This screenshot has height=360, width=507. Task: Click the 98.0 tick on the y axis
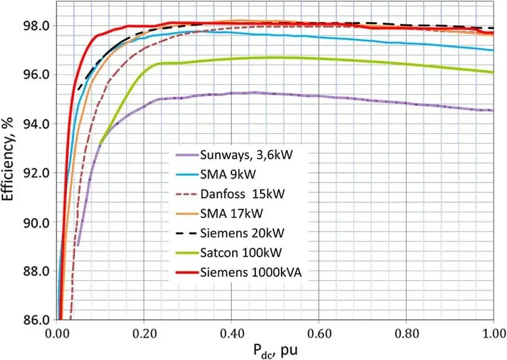pyautogui.click(x=36, y=26)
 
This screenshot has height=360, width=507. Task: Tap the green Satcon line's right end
pyautogui.click(x=493, y=72)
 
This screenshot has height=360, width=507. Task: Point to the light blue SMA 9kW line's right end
pyautogui.click(x=493, y=50)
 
